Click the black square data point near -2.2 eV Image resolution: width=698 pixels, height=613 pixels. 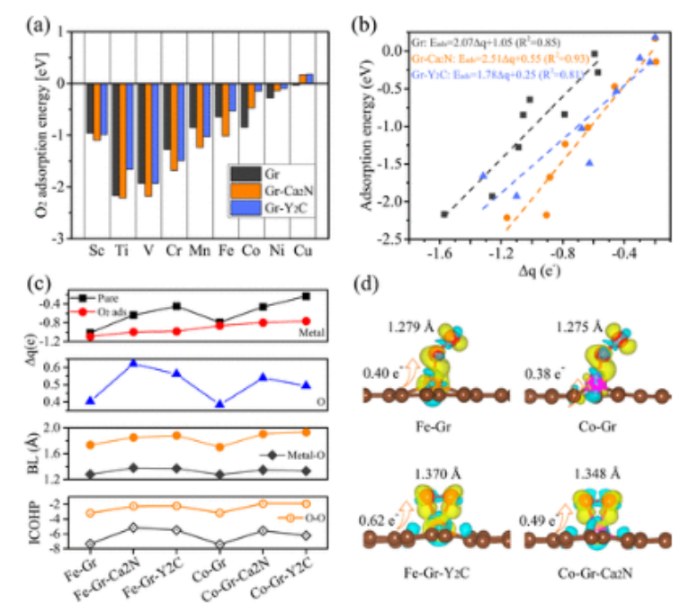[x=444, y=213]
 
